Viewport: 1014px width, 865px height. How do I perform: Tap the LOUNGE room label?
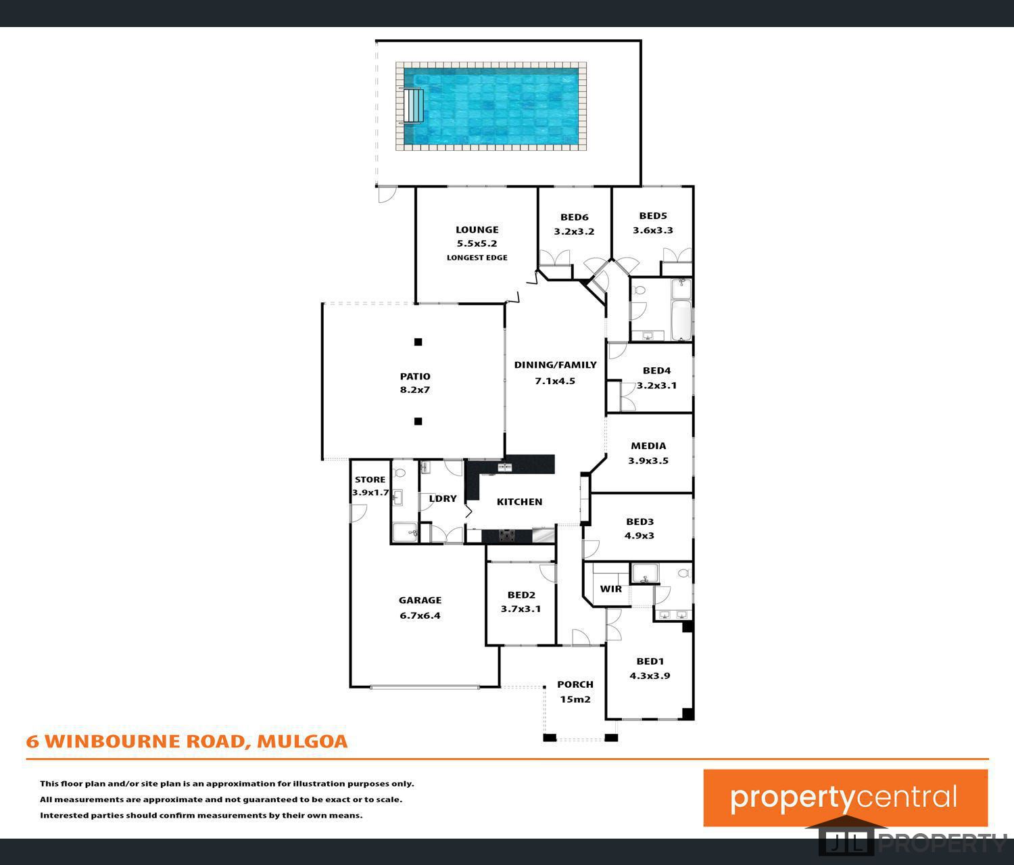(x=477, y=230)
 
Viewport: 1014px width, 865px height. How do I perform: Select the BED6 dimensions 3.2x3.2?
(x=574, y=231)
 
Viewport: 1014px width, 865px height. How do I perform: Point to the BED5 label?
(x=652, y=216)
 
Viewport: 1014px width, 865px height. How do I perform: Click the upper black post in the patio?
(x=418, y=342)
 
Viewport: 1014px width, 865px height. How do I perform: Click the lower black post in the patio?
(x=418, y=421)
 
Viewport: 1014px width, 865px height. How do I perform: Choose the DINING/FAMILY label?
(x=555, y=365)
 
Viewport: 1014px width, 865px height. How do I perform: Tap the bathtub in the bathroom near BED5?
(x=681, y=320)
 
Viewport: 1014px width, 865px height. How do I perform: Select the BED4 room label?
(x=656, y=371)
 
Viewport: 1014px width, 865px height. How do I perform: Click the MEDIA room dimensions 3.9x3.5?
(x=648, y=461)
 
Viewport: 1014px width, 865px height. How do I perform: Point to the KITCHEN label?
(x=519, y=502)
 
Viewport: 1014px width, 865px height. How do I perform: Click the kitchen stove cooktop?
(x=507, y=536)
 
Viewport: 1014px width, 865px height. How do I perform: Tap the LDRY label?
(x=443, y=498)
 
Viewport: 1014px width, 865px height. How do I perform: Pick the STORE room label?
(x=370, y=480)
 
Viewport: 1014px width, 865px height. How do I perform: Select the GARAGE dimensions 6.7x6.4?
(x=420, y=615)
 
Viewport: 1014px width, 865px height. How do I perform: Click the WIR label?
(x=610, y=589)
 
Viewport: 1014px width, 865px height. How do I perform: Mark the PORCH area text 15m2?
(x=575, y=699)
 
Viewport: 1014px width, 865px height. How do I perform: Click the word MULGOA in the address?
(x=302, y=741)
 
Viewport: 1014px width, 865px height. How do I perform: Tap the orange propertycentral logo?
(x=845, y=798)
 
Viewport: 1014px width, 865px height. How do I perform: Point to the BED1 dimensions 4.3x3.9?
(x=650, y=676)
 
